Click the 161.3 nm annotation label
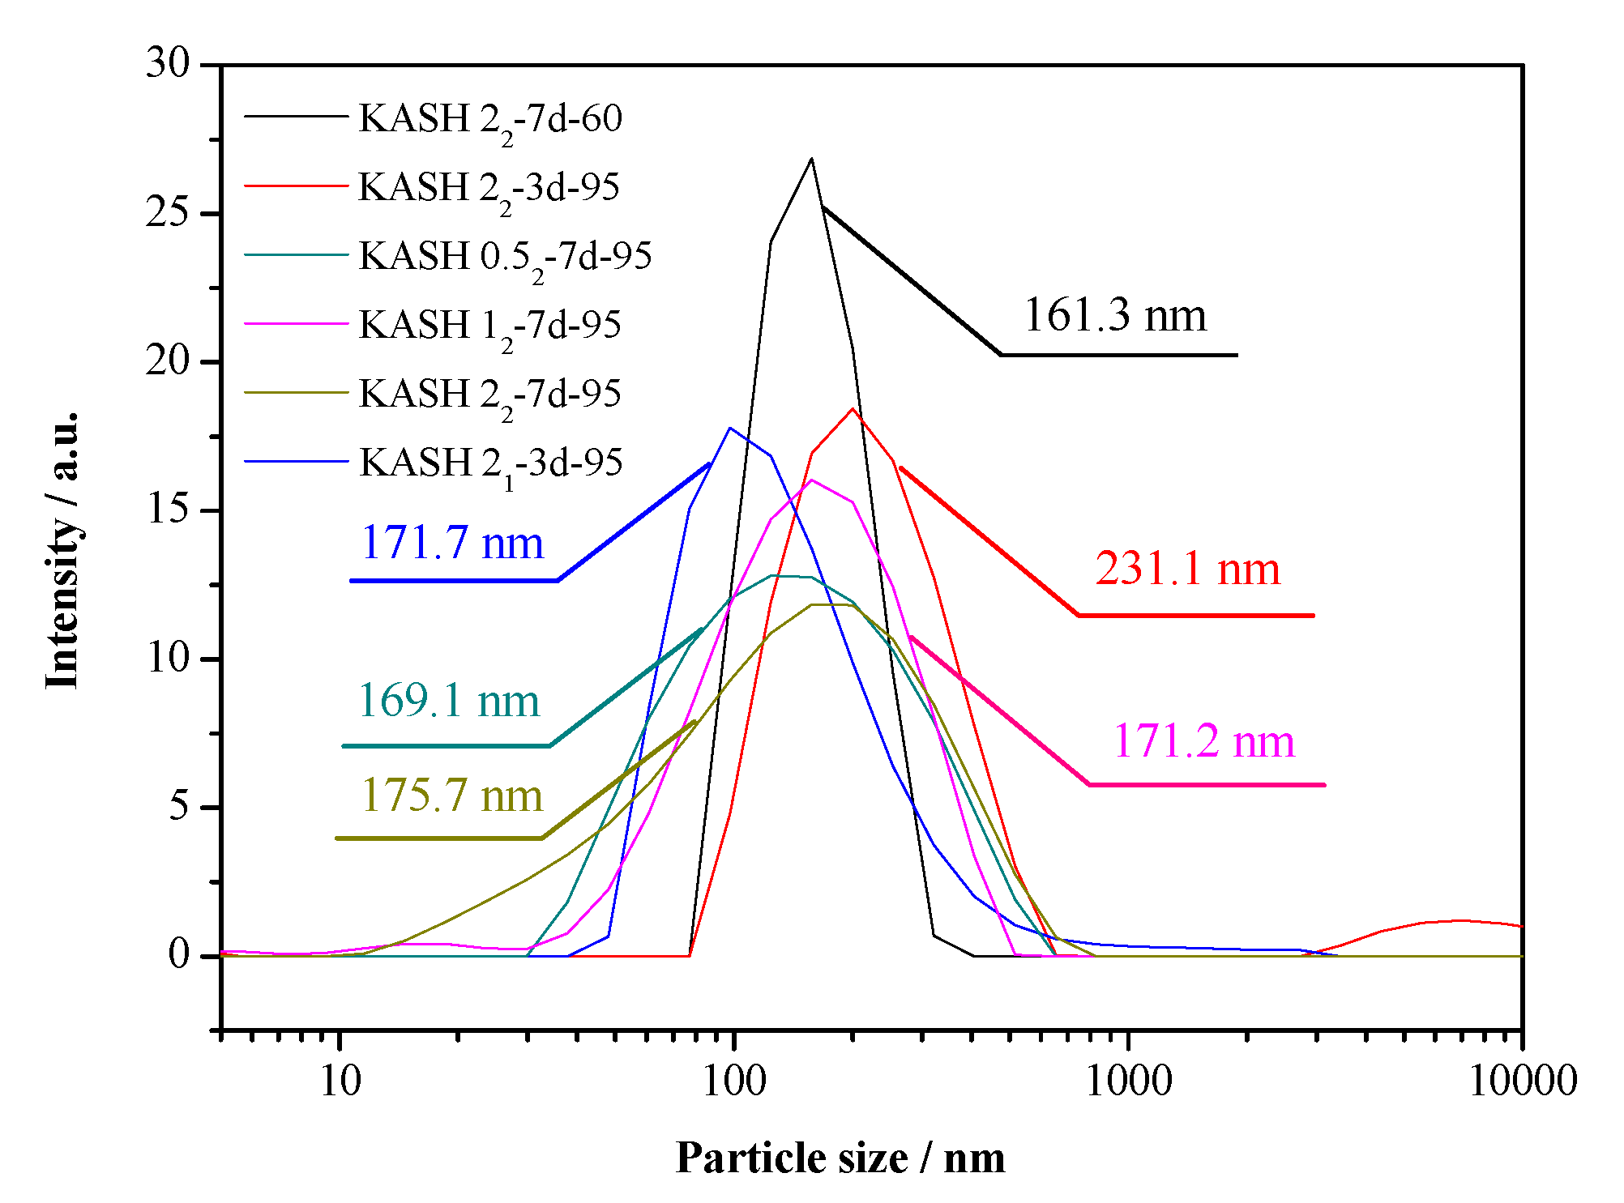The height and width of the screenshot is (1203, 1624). click(1115, 315)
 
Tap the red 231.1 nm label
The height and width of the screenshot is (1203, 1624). click(1187, 569)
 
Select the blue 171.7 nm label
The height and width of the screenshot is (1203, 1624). click(451, 543)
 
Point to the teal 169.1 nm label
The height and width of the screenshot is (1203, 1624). click(448, 701)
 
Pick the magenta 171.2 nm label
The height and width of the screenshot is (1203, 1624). click(1203, 741)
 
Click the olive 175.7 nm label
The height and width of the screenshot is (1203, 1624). click(451, 796)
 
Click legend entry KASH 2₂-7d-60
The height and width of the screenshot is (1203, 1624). click(489, 119)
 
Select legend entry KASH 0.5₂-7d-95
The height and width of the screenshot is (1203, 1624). click(504, 257)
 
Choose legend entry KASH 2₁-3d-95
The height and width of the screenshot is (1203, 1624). click(490, 463)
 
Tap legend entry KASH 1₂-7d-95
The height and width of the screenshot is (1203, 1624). click(489, 326)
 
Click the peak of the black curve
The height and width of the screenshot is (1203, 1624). click(811, 159)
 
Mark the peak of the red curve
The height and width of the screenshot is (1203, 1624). click(853, 408)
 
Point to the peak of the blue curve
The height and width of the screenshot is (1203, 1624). click(730, 428)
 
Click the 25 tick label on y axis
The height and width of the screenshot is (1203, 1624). click(167, 213)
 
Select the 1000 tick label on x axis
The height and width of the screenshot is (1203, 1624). click(1128, 1081)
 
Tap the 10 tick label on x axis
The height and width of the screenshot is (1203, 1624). click(340, 1081)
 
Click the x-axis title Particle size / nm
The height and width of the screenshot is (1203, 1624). click(840, 1158)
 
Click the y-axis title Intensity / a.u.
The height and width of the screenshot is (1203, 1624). click(62, 550)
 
